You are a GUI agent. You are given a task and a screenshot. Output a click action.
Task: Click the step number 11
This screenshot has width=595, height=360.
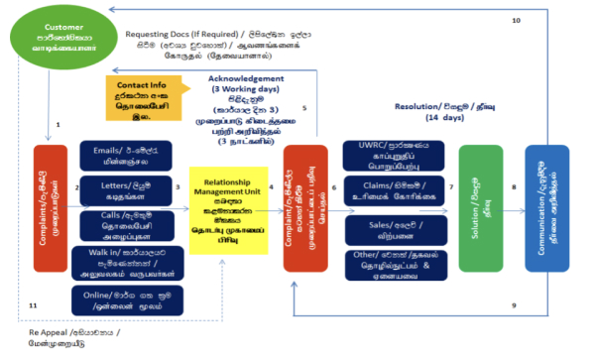(x=33, y=306)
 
